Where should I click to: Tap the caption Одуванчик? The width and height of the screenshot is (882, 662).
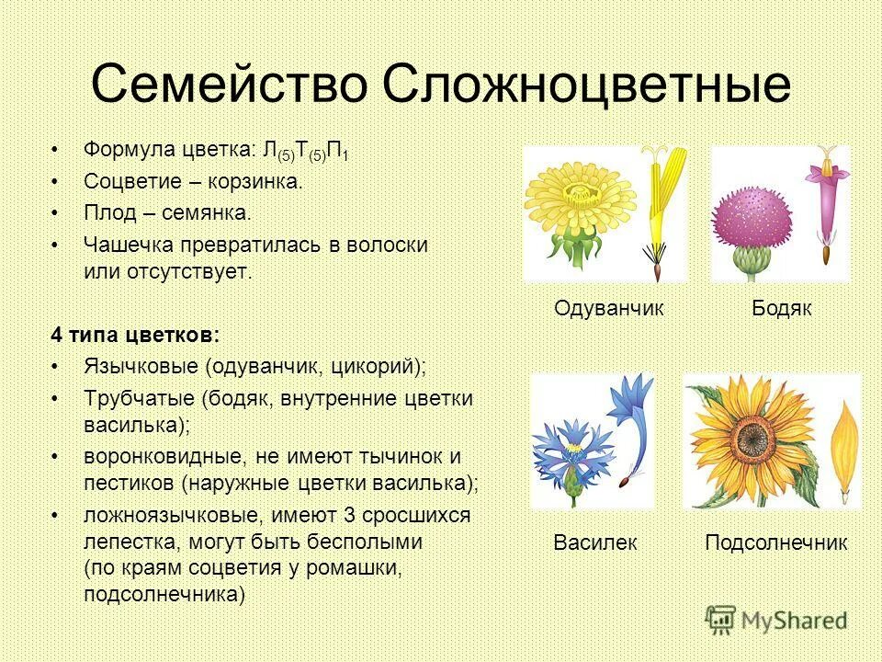coord(608,308)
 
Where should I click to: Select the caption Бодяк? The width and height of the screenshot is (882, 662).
coord(782,308)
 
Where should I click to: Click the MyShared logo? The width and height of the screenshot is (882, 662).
coord(776,619)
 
